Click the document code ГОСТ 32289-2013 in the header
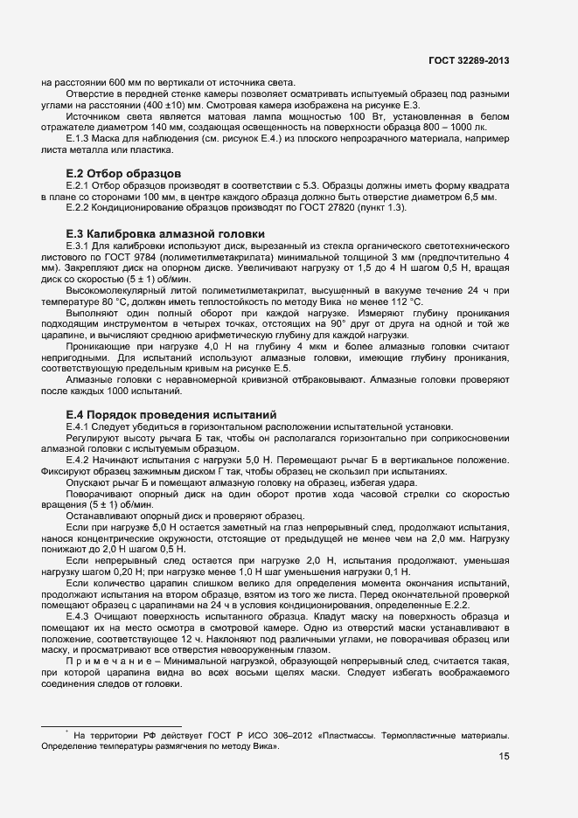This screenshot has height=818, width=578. click(x=468, y=60)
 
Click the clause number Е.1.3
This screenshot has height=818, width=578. click(x=80, y=139)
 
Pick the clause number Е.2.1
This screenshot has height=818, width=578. click(x=80, y=186)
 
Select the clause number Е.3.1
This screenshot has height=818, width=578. click(x=80, y=247)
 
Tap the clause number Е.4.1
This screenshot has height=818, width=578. click(x=80, y=426)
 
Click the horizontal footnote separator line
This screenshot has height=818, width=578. click(x=111, y=725)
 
